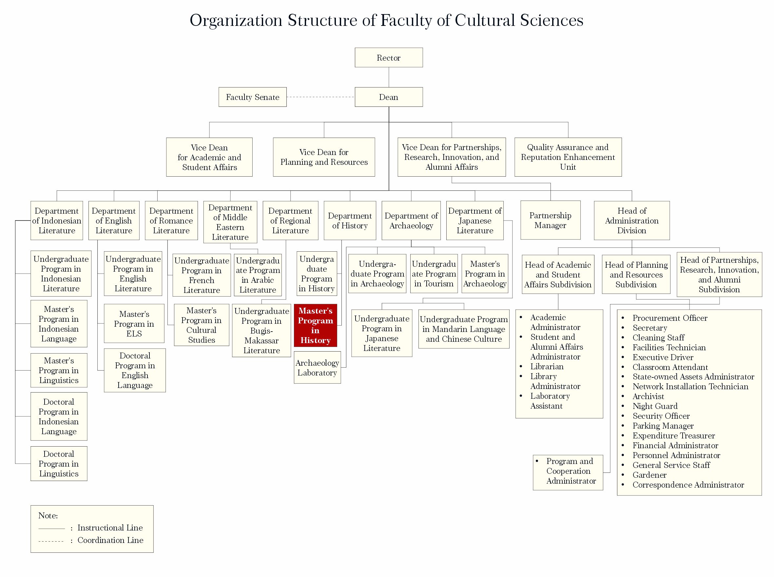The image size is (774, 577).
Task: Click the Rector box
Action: [388, 58]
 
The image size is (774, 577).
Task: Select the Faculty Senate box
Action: [253, 97]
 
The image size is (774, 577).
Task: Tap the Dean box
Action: [388, 97]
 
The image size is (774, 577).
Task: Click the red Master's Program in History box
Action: [315, 325]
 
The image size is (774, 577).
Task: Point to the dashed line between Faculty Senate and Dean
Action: [320, 97]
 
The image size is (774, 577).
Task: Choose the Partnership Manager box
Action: [550, 220]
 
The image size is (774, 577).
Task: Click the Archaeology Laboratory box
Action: [317, 368]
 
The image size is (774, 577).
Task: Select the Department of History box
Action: [350, 221]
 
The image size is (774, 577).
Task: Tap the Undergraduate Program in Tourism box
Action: [434, 274]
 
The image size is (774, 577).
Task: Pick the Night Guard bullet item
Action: [655, 406]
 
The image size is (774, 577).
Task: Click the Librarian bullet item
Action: [547, 367]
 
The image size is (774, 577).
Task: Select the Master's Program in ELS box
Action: [134, 324]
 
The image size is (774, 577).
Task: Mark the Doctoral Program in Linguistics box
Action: [59, 464]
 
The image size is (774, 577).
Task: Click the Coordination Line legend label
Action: [110, 540]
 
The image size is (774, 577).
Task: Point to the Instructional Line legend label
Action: [110, 528]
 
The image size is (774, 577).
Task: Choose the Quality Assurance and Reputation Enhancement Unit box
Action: [568, 157]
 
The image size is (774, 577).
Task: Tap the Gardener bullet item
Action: [649, 475]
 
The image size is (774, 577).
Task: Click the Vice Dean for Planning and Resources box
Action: [324, 157]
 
